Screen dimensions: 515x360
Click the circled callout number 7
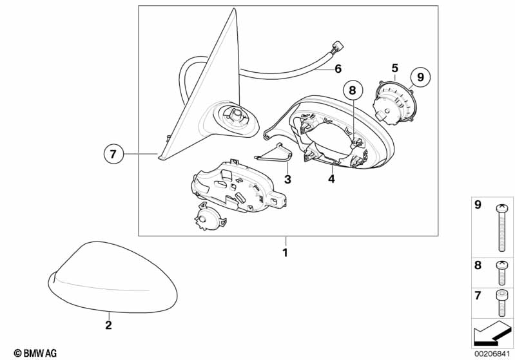tap(113, 154)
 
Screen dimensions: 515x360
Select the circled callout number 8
tap(353, 90)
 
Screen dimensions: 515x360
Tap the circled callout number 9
tap(420, 77)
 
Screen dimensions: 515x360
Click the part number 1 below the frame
tap(285, 252)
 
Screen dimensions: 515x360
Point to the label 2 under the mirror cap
tap(108, 325)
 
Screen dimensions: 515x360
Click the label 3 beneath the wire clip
tap(287, 179)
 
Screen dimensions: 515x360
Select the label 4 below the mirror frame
tap(331, 179)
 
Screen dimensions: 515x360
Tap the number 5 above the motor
tap(394, 68)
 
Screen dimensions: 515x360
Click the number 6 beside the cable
tap(338, 69)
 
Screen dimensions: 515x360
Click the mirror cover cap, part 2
tap(113, 278)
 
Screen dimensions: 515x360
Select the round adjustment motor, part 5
tap(393, 101)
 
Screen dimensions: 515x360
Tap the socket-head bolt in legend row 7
tap(501, 303)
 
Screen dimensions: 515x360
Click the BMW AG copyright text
tap(35, 353)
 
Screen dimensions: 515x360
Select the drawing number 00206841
tap(492, 354)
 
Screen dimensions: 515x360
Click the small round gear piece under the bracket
tap(210, 216)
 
